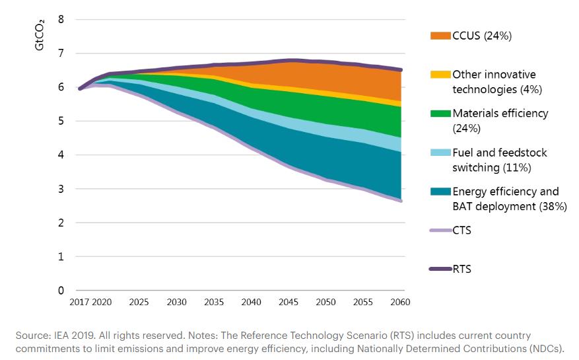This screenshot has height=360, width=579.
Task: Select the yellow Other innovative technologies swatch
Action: coord(440,75)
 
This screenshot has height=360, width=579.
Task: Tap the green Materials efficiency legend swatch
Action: coord(440,114)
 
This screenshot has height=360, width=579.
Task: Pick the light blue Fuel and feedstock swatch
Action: coord(440,153)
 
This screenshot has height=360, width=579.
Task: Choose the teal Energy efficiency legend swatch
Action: coord(440,192)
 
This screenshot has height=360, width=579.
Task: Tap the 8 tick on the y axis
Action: coord(61,19)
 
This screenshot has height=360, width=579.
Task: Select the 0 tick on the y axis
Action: coord(61,291)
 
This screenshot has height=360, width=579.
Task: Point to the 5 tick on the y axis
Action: coord(61,122)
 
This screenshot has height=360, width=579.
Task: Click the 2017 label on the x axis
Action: coord(79,303)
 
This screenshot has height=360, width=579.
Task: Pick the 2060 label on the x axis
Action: coord(400,303)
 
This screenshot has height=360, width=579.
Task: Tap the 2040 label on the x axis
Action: coord(251,303)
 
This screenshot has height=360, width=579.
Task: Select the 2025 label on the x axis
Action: coord(139,303)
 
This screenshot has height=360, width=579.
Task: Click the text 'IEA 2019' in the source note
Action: coord(67,336)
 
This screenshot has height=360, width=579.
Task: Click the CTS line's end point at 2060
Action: coord(400,201)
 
